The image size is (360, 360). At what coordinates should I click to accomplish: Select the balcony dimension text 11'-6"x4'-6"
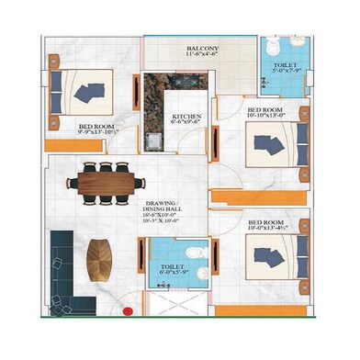click(204, 54)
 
